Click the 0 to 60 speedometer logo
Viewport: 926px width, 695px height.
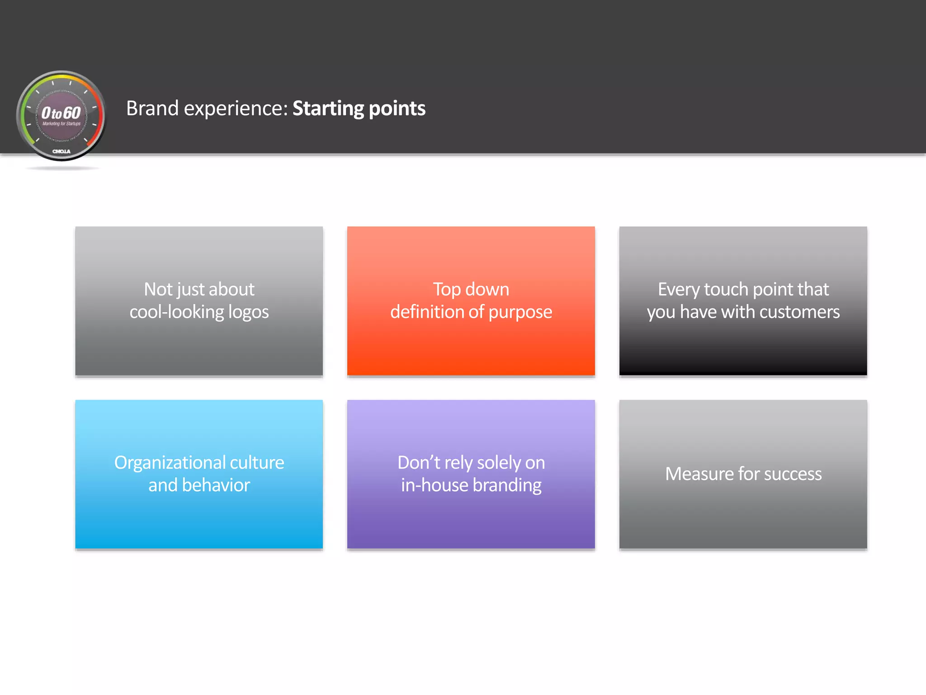coord(61,115)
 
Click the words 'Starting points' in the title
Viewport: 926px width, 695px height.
coord(359,109)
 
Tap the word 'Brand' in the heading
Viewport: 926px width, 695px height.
coord(152,109)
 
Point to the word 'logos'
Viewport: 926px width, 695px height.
coord(248,313)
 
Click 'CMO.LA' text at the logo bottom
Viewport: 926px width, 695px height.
coord(61,152)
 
